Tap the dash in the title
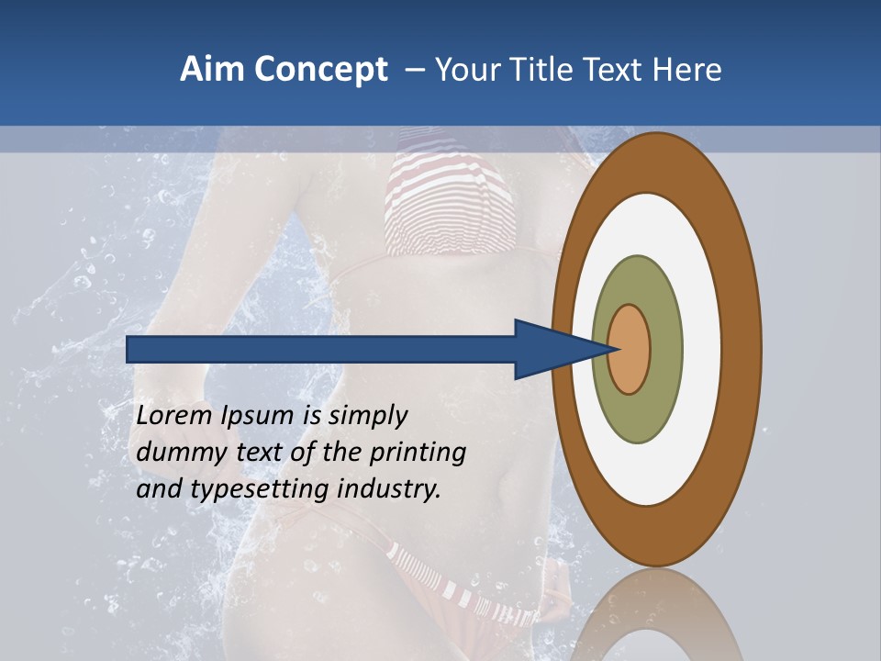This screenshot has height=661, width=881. coord(415,70)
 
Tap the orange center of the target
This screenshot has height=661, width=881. coord(630,350)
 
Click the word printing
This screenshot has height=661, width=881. coord(417,453)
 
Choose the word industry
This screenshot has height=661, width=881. coord(389,489)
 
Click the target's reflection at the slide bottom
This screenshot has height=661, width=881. coord(657,615)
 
